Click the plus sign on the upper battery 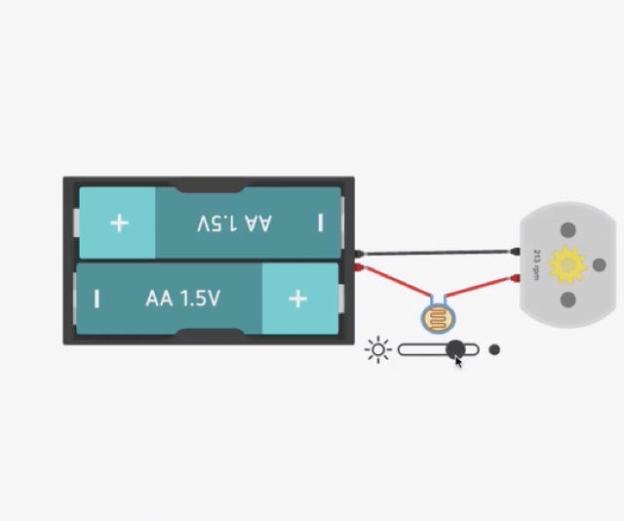pos(119,223)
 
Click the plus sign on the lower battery pos(297,299)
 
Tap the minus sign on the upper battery pos(321,222)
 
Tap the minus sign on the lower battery pos(97,299)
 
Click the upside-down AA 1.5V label pos(234,223)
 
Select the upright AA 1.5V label pos(182,299)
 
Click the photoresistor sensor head pos(438,318)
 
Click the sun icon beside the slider pos(378,350)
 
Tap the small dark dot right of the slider pos(494,349)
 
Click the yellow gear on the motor pos(567,264)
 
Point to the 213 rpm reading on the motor pos(536,264)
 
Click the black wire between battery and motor pos(437,253)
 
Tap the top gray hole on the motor pos(567,230)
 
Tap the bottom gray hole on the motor pos(567,300)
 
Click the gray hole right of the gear pos(600,264)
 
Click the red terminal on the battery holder pos(359,267)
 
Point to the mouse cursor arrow pos(459,363)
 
